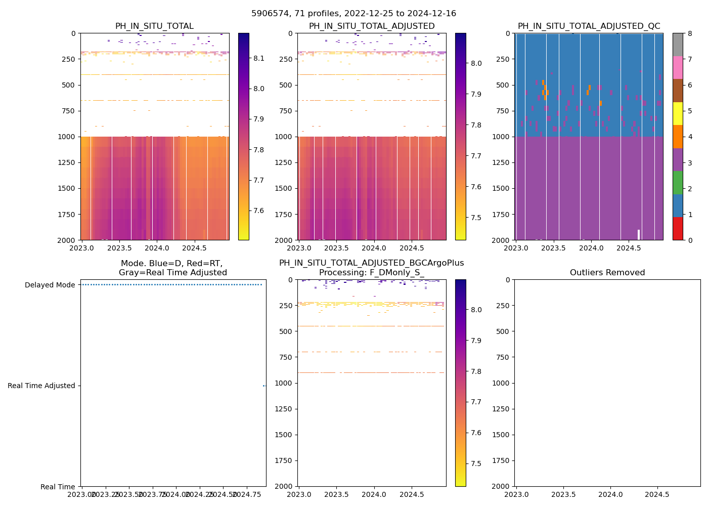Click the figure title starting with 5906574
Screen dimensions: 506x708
point(353,14)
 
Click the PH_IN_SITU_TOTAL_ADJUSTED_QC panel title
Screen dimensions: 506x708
point(589,26)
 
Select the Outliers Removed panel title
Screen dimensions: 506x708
point(607,273)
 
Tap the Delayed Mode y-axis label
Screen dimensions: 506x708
point(50,285)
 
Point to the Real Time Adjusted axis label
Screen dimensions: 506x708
point(41,386)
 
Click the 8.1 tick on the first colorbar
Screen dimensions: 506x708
point(259,58)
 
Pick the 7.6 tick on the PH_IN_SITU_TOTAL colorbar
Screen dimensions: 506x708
point(259,210)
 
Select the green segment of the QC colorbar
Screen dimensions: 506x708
point(678,183)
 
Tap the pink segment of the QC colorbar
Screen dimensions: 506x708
point(678,68)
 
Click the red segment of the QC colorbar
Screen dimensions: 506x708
point(678,228)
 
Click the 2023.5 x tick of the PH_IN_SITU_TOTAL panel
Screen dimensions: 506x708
point(119,248)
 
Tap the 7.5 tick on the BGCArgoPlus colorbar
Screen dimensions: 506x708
point(476,463)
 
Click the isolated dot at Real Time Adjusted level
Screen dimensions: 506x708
point(264,386)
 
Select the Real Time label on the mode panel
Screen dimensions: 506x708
point(58,487)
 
